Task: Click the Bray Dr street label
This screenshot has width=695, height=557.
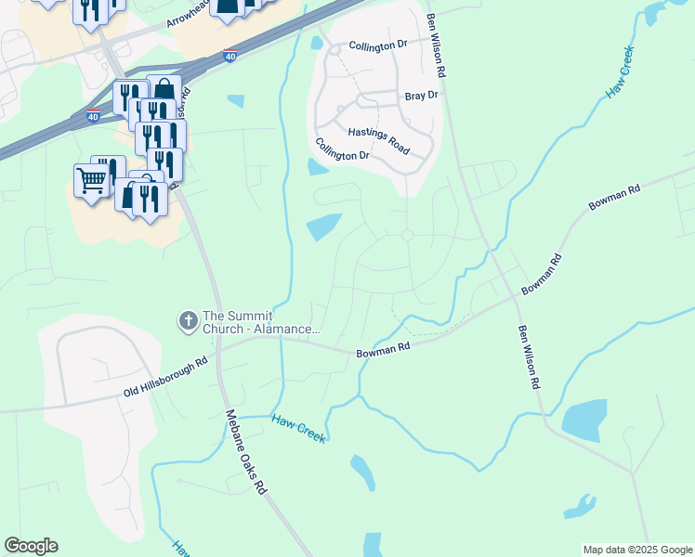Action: [421, 96]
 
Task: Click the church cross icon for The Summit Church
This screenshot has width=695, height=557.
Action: [188, 320]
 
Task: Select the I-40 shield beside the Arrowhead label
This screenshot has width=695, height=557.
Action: [230, 56]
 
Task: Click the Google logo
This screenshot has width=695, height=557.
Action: [31, 546]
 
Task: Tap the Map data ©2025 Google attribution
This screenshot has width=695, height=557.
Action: [636, 550]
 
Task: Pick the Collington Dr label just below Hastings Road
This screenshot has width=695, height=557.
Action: [342, 149]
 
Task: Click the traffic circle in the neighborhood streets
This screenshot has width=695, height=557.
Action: [407, 236]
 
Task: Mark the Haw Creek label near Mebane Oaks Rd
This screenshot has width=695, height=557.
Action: [298, 428]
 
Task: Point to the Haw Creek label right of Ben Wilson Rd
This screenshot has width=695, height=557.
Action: [620, 72]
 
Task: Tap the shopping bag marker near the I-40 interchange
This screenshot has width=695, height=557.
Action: [164, 90]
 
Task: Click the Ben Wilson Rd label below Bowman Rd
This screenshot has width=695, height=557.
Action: [529, 356]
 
